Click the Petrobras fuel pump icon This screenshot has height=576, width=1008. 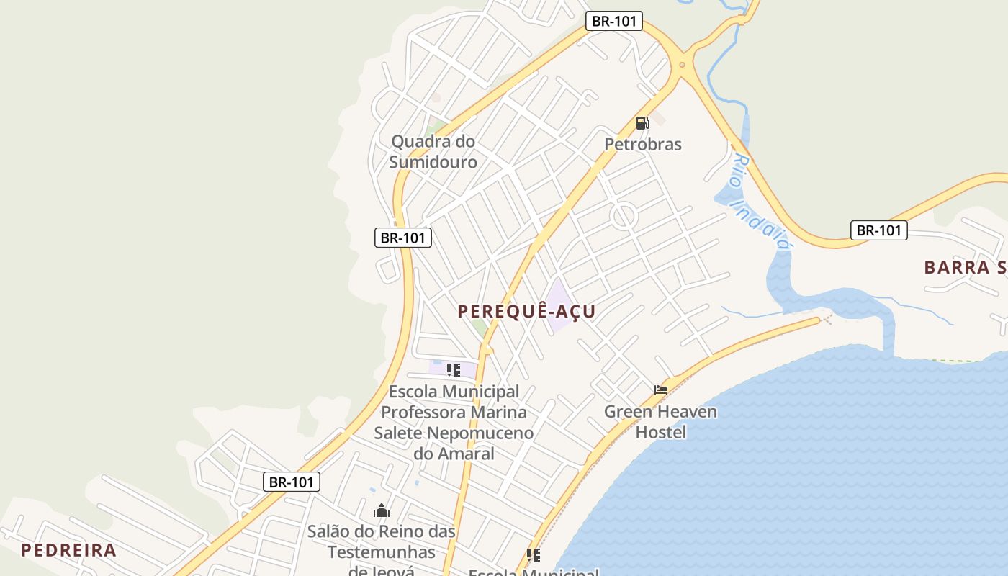pos(642,123)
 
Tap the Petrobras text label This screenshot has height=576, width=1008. pos(642,144)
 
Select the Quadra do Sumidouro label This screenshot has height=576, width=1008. pos(433,151)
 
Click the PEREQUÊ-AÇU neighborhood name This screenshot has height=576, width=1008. pos(527,311)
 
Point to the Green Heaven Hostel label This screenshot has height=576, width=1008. pos(660,422)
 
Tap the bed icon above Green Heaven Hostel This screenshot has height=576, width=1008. pos(661,390)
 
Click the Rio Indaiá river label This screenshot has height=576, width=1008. pos(759,202)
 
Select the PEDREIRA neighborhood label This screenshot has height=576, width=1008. pos(68,550)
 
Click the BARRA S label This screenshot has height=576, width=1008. pos(965,267)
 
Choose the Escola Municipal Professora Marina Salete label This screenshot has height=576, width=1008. pos(454,422)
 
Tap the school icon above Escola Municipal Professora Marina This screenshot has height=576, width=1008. pos(453,370)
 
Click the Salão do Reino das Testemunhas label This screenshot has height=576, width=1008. pos(382,542)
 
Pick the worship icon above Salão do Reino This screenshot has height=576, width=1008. pos(382,511)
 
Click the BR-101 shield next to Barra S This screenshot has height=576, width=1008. pos(878,230)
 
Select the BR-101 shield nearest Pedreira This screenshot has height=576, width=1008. pos(291,482)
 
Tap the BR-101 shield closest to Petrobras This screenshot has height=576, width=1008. pos(613,21)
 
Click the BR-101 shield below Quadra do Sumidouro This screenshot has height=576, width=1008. pos(403,237)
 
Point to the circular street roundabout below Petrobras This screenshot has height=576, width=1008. pos(623,215)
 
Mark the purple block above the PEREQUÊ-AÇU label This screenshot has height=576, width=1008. pos(559,305)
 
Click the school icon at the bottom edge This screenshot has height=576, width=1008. pos(533,555)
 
